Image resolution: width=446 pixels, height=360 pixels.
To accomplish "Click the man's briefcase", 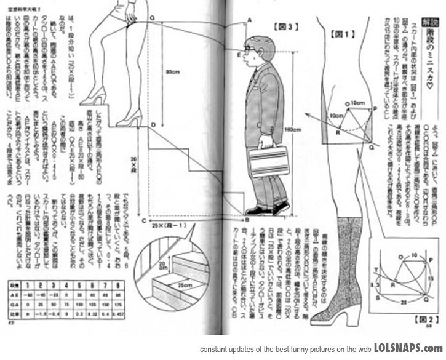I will (x=268, y=161).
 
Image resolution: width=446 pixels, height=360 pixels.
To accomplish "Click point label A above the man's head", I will (x=250, y=20).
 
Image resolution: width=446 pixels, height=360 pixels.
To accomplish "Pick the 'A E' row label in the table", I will (x=14, y=295).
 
